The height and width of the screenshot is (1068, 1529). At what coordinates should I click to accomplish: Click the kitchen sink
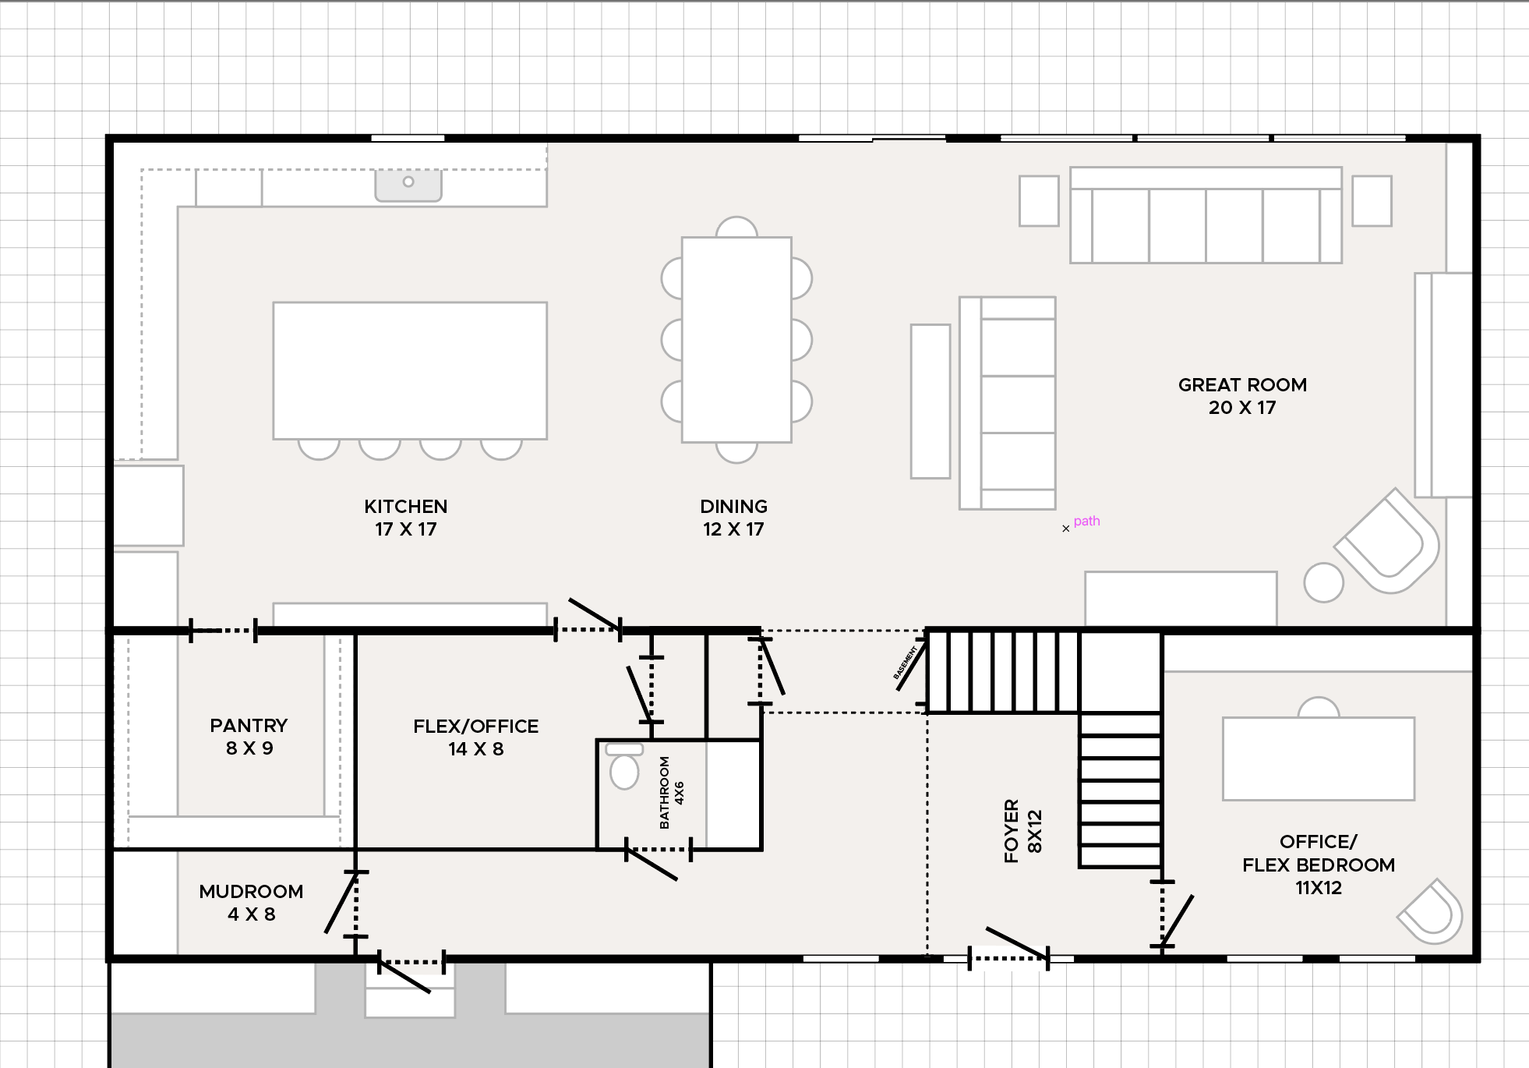[x=408, y=186]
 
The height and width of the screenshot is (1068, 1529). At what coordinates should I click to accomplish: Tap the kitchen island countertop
[x=410, y=370]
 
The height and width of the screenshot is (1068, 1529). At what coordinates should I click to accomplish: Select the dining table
[x=736, y=340]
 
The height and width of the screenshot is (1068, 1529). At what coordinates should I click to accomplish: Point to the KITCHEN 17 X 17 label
[x=406, y=518]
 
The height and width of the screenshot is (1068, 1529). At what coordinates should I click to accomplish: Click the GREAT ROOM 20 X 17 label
[x=1242, y=396]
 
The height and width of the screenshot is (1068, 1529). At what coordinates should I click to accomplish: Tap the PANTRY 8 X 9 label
[x=249, y=737]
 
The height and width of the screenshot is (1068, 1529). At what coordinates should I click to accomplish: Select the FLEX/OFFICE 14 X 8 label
[x=476, y=737]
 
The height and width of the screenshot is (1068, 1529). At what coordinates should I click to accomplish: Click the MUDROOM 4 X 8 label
[x=251, y=903]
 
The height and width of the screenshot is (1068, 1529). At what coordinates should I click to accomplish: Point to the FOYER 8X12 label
[x=1022, y=831]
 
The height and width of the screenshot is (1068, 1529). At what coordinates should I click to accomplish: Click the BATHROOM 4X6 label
[x=671, y=793]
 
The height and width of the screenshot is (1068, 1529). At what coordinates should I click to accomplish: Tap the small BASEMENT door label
[x=905, y=663]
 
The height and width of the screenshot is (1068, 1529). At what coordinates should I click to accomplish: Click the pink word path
[x=1087, y=521]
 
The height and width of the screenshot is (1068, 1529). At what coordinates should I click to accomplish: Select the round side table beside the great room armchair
[x=1323, y=582]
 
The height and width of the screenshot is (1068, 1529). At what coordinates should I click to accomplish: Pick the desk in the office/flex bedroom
[x=1319, y=759]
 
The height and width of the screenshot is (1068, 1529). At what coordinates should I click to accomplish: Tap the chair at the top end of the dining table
[x=736, y=227]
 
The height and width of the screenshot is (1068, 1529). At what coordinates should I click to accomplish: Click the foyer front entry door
[x=1008, y=950]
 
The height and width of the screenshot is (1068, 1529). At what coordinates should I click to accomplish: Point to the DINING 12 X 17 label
[x=733, y=518]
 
